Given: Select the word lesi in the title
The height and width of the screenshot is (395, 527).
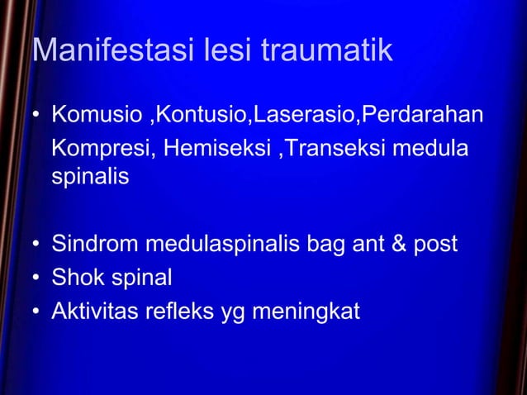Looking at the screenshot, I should (229, 51).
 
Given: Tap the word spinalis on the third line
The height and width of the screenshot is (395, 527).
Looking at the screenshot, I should (90, 178).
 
